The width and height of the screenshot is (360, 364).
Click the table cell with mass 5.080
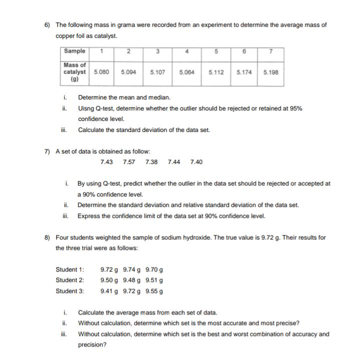[102, 72]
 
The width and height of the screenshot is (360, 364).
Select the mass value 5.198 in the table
[270, 72]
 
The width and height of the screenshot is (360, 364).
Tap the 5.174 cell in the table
[243, 72]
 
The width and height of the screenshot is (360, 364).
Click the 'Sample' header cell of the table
[74, 51]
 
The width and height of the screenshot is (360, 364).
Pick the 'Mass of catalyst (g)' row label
[74, 72]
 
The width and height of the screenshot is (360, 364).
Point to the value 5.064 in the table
[186, 72]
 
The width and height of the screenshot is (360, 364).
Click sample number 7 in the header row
[270, 51]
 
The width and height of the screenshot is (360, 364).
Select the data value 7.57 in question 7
[129, 162]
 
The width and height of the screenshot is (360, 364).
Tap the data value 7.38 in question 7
[151, 162]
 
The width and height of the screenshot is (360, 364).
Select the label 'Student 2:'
[70, 280]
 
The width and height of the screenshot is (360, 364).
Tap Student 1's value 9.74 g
[132, 269]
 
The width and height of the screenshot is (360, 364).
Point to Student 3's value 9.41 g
[109, 290]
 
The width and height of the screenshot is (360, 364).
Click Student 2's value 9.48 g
[132, 280]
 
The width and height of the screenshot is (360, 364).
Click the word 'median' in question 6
[159, 97]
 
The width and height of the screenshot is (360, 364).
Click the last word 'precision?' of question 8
[92, 344]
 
